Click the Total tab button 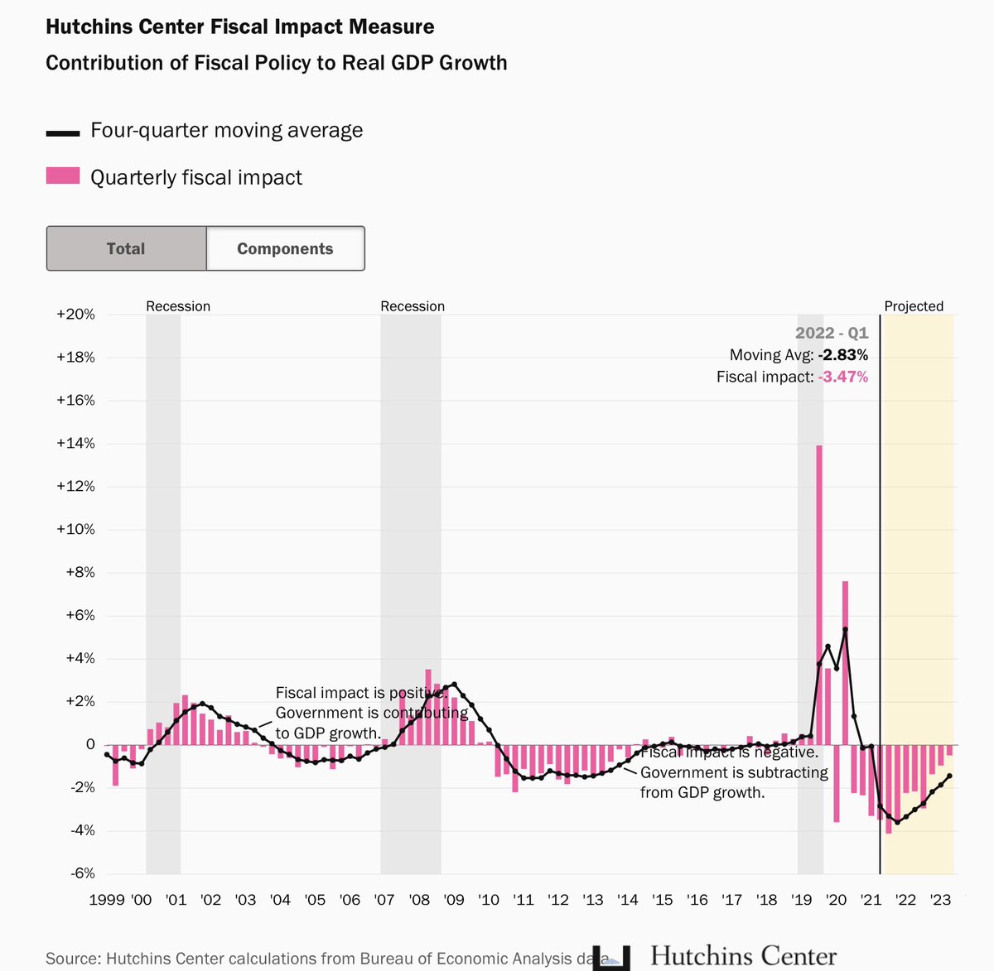point(126,248)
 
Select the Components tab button point(285,248)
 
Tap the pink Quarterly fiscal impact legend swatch point(63,175)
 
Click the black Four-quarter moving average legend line point(63,132)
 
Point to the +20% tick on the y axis point(75,315)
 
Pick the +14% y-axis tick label point(75,444)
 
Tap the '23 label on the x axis point(940,900)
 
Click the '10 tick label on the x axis point(489,900)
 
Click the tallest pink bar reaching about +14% point(819,579)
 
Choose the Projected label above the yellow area point(914,306)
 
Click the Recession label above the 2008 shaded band point(413,306)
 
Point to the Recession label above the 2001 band point(178,306)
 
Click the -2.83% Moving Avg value point(842,355)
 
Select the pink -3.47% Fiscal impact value point(842,377)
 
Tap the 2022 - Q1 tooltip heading point(832,333)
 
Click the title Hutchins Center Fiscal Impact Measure point(240,26)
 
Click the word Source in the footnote point(72,959)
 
